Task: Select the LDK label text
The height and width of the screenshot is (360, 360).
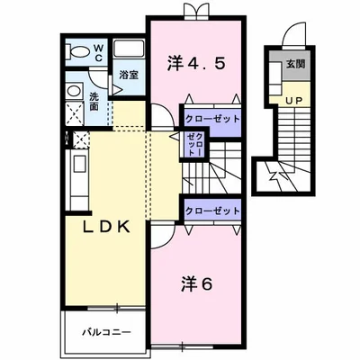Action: tap(106, 227)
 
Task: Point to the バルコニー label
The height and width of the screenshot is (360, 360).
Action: tap(101, 331)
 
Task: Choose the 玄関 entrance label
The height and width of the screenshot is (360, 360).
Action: tap(295, 65)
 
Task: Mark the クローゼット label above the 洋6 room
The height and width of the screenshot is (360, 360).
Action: tap(211, 210)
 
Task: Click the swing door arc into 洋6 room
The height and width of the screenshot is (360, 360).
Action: tap(163, 234)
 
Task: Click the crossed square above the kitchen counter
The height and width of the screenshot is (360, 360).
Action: tap(78, 139)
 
